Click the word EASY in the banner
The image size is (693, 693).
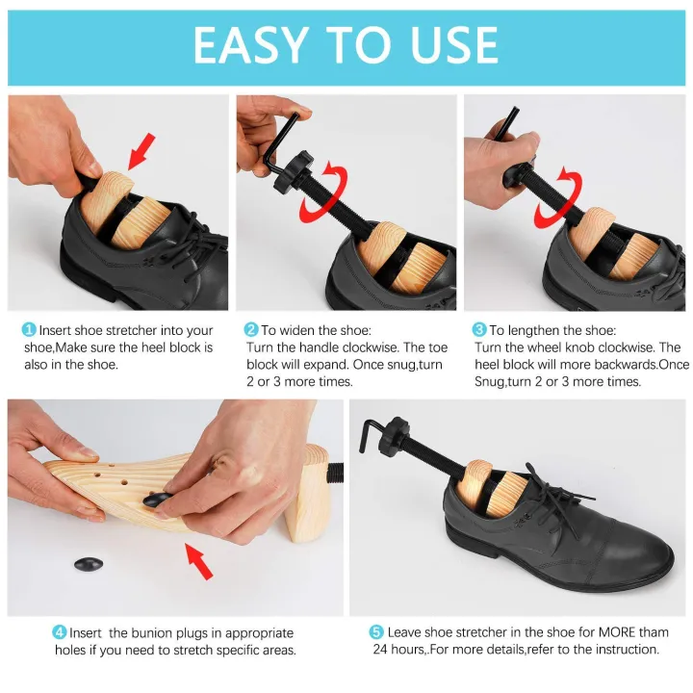(252, 45)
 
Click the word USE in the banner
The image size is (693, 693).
(451, 45)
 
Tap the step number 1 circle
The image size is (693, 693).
(30, 329)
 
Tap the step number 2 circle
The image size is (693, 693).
(252, 329)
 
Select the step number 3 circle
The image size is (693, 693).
(479, 329)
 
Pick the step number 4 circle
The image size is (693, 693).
(60, 632)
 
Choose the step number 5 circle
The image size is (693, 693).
(376, 632)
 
